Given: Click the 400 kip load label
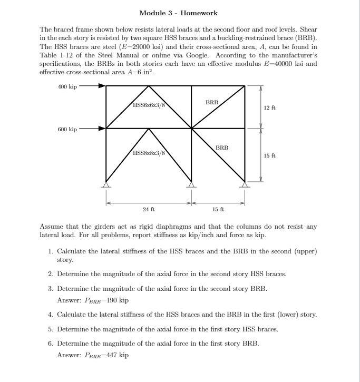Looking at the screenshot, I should pos(67,86).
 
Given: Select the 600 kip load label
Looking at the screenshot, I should pos(67,129).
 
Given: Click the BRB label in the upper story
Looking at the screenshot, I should pos(212,102).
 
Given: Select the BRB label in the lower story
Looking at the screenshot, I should pos(222,148).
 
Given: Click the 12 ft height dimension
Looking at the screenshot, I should pos(269,107).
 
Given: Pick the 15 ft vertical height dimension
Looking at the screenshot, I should pos(269,155).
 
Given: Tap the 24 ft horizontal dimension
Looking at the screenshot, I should pos(149,210).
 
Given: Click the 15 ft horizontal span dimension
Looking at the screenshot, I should pos(218,210).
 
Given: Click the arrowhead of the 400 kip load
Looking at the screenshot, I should pos(102,86).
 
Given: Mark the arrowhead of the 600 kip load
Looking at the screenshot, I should pos(102,129).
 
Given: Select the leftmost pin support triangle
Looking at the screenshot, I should pos(106,184).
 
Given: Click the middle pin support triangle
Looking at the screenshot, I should pos(192,184).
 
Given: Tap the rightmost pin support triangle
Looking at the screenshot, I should pos(245,184).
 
